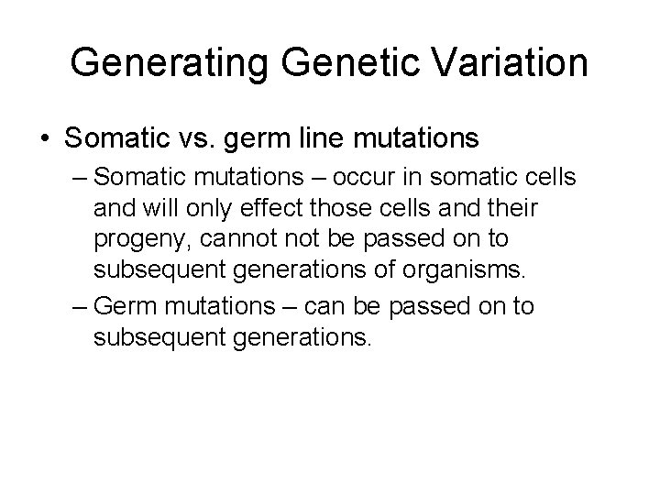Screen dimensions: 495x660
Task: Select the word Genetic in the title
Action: (332, 63)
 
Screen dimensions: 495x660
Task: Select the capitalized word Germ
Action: (124, 304)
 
